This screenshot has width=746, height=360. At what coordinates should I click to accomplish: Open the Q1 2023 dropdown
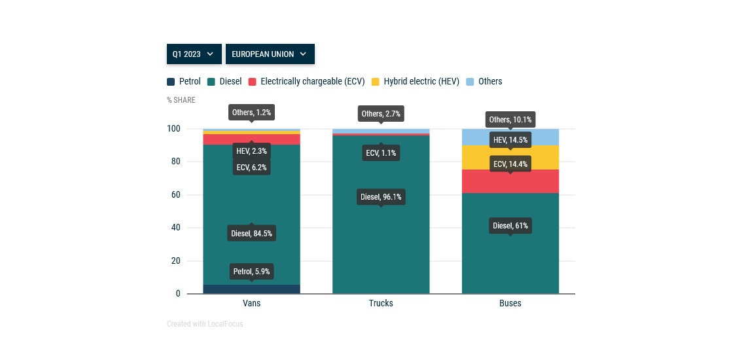point(194,54)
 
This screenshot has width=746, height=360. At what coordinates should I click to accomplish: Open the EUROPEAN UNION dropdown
point(270,54)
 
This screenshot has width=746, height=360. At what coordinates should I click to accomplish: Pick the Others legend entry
point(484,82)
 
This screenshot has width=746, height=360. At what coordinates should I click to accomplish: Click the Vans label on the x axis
point(251,304)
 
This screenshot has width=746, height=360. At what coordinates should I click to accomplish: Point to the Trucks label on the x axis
point(381,304)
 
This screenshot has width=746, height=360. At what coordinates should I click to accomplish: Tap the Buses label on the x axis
point(510,304)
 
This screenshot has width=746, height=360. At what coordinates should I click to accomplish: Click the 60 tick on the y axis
point(174,195)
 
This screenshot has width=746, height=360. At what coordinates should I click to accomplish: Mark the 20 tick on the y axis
point(174,261)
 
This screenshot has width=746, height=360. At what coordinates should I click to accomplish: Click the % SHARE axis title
point(181,100)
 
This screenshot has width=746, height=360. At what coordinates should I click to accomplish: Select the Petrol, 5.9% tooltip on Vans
point(251,271)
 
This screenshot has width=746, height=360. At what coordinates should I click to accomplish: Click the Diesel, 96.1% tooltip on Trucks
point(381,196)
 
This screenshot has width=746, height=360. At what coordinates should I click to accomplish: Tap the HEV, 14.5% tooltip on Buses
point(510,139)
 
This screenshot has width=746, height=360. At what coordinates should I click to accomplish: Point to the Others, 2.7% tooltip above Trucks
point(381,114)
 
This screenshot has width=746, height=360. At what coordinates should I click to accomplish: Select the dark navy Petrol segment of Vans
point(251,289)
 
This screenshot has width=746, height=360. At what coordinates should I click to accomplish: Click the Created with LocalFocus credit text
point(205,324)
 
